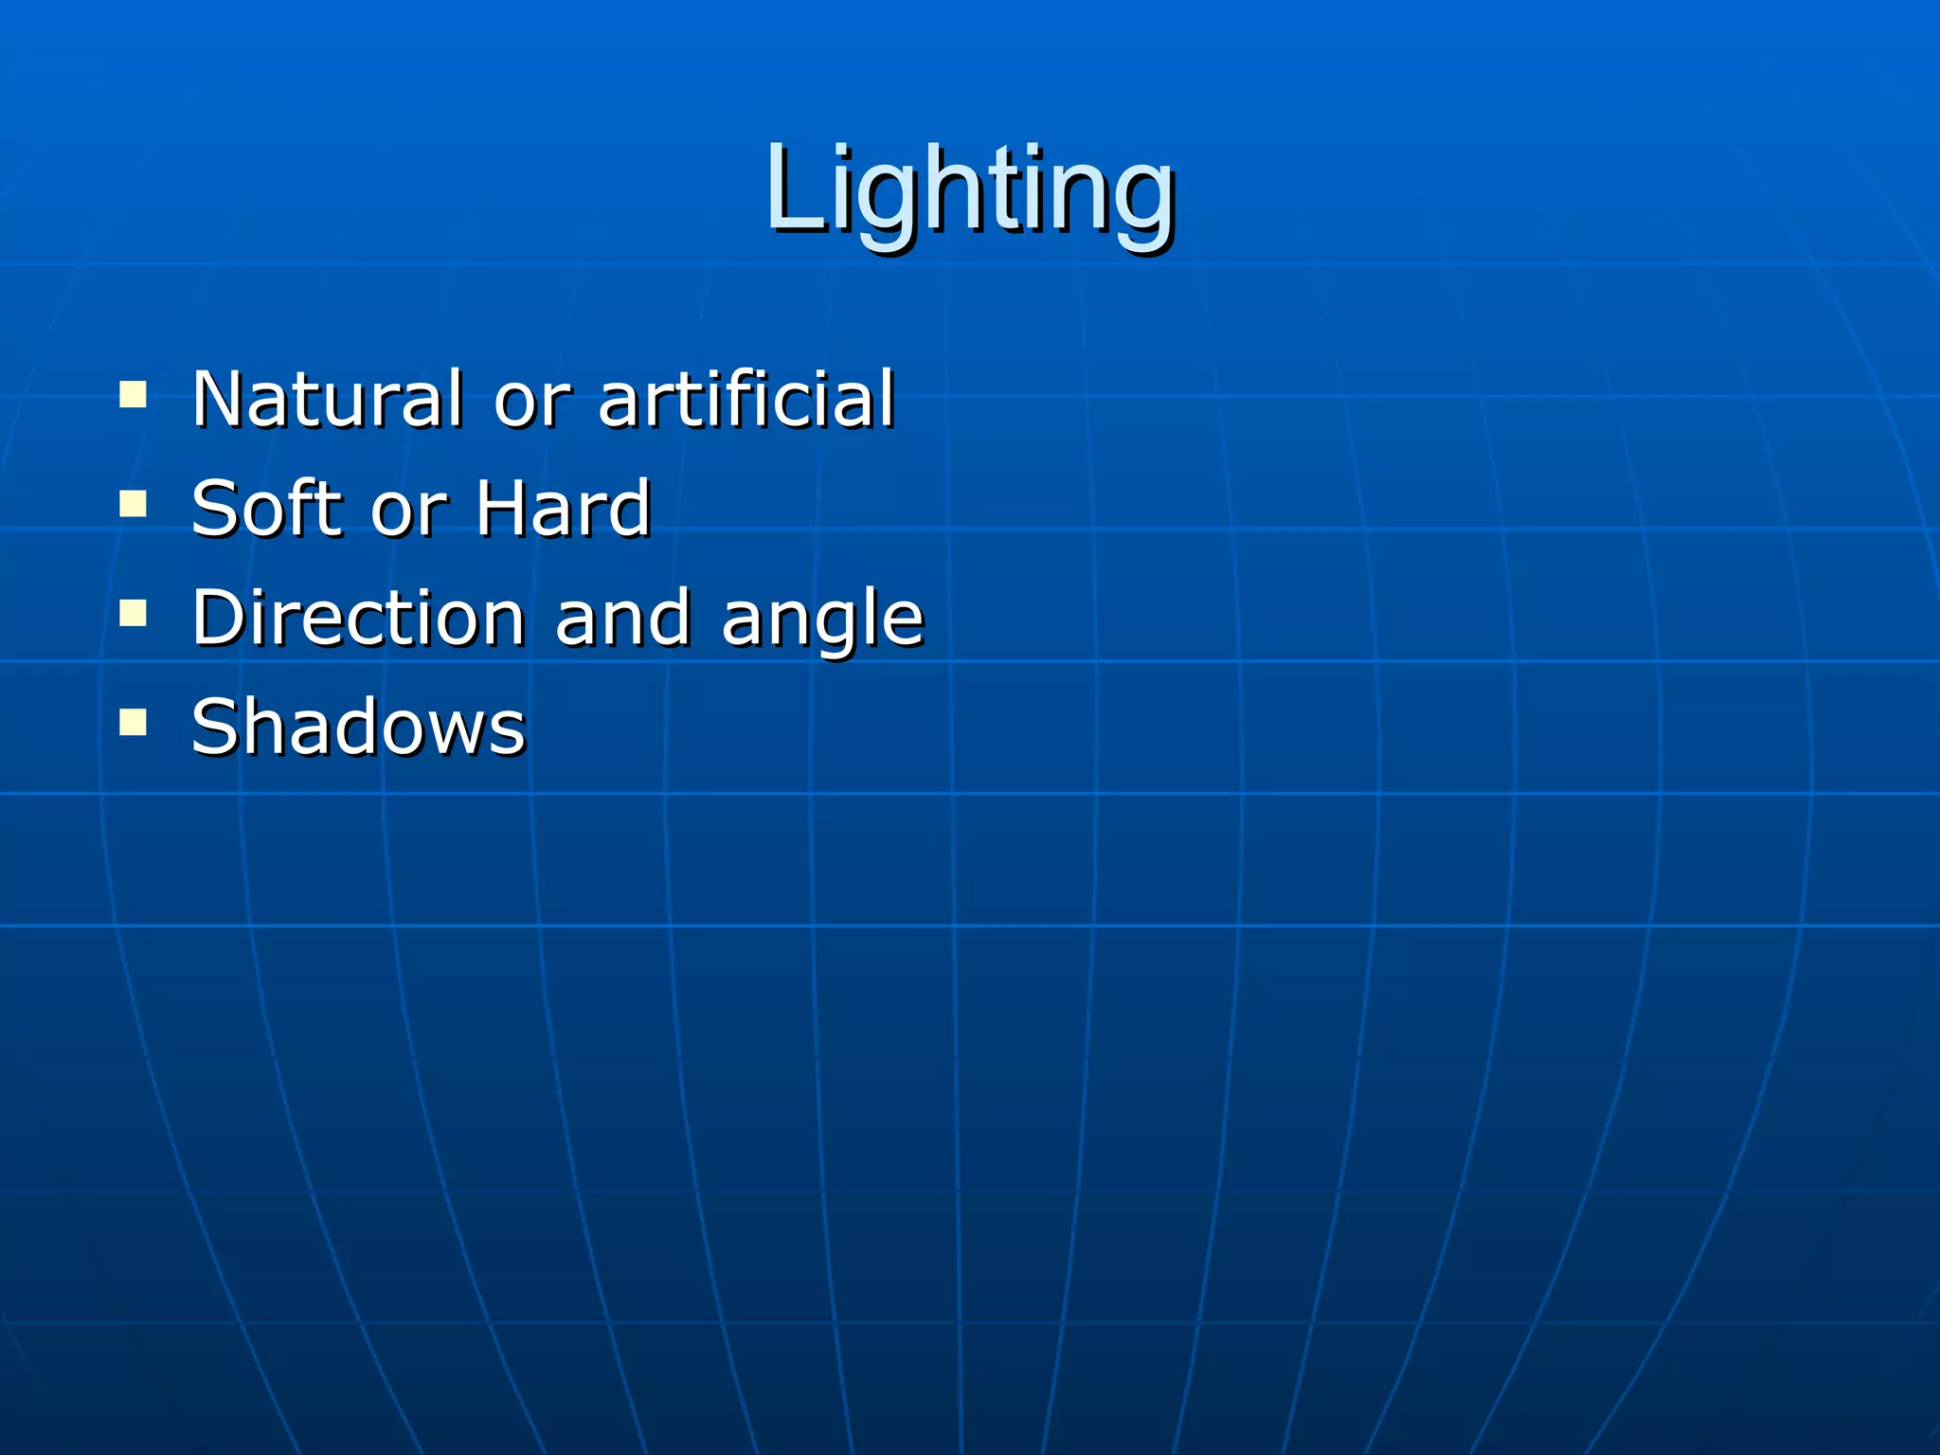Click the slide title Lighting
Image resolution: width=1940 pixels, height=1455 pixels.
(x=970, y=189)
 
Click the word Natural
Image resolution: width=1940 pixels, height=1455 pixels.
(x=327, y=399)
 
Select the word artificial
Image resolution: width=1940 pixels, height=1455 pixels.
(x=745, y=399)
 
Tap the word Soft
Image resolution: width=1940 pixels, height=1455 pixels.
(x=264, y=509)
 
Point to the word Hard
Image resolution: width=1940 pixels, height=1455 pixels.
(x=563, y=509)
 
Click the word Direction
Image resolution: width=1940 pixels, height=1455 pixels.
(x=357, y=618)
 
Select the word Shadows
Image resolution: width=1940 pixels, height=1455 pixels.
(x=357, y=727)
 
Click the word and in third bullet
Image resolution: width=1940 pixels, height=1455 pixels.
(x=622, y=618)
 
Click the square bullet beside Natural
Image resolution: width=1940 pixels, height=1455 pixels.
(x=134, y=393)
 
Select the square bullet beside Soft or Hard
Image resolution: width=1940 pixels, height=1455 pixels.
(x=134, y=503)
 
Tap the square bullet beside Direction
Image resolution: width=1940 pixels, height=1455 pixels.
(x=134, y=613)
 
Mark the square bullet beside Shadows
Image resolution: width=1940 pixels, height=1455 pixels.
(x=134, y=722)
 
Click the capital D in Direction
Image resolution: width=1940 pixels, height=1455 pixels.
(x=219, y=618)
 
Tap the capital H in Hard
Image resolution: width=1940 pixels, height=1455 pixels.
(x=502, y=509)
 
